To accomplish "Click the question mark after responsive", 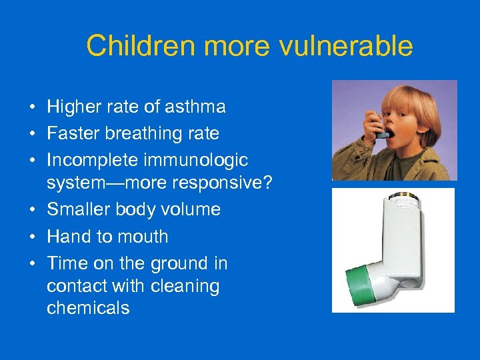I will click(x=268, y=183).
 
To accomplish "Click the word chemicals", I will click(x=88, y=308).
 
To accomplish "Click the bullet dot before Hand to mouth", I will click(x=32, y=237).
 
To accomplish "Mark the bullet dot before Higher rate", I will click(x=32, y=107).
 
